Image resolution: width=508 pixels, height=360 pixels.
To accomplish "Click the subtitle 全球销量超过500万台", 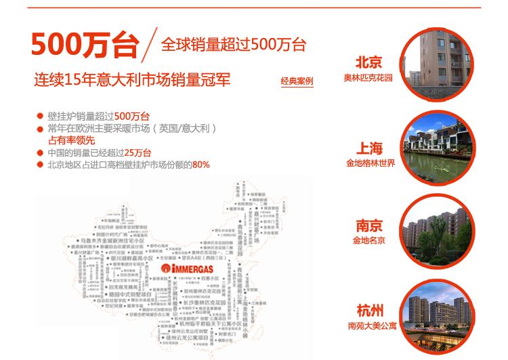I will click(x=234, y=45).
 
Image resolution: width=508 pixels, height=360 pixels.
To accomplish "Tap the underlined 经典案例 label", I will click(x=297, y=81).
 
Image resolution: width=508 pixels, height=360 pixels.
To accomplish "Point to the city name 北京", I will click(x=368, y=63).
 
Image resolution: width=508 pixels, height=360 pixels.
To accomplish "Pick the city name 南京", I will click(x=369, y=226).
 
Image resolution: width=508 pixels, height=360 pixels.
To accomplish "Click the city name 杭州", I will click(x=370, y=311).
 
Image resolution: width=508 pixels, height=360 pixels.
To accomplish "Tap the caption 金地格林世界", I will click(x=370, y=163).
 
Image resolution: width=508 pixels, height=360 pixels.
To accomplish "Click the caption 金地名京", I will click(x=369, y=240).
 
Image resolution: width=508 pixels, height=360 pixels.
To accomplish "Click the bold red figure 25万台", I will click(x=137, y=152).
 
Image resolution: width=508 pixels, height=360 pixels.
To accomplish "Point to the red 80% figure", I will click(x=201, y=164).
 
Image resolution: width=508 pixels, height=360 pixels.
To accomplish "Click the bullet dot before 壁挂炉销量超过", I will click(x=41, y=116).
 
